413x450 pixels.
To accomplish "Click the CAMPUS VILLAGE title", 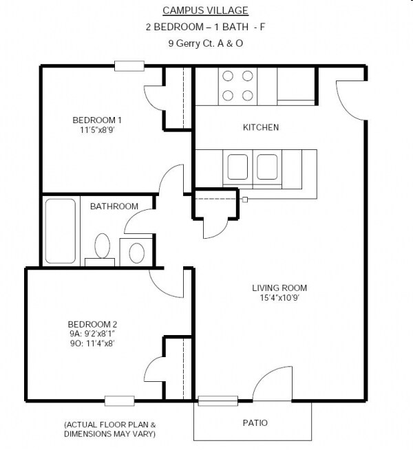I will point(205,10).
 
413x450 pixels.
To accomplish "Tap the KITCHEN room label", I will point(261,127).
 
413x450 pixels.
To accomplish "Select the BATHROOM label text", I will point(114,206).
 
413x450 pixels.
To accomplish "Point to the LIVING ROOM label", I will point(279,288).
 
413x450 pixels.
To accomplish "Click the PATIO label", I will point(255,422).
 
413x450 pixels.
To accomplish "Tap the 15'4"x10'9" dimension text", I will point(279,298).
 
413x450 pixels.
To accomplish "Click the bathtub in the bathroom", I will point(61,231).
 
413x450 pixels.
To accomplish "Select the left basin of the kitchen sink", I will point(237,167).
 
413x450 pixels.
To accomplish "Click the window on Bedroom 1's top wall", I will point(129,67).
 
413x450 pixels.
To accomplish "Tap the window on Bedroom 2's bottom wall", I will point(119,400).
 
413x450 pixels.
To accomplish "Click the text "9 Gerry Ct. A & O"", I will point(205,43).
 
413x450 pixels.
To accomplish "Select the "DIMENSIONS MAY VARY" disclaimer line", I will point(109,434).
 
